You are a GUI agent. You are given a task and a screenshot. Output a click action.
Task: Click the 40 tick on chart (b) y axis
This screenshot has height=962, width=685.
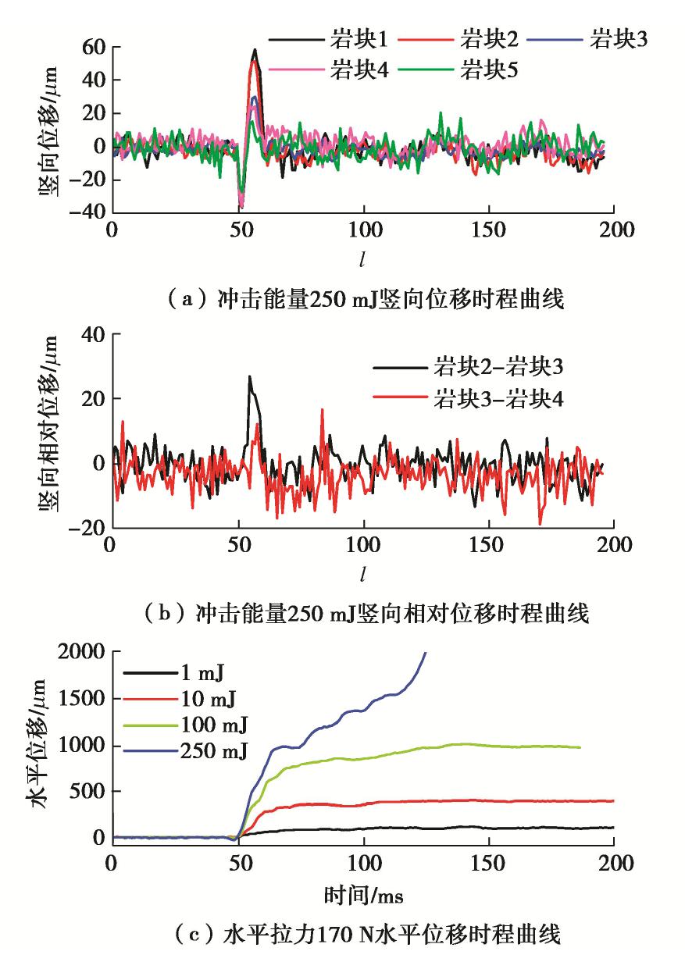(93, 334)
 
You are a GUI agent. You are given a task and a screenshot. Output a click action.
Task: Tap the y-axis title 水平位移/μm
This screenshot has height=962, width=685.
(42, 746)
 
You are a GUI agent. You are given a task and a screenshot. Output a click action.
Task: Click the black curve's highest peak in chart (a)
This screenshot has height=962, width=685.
(255, 50)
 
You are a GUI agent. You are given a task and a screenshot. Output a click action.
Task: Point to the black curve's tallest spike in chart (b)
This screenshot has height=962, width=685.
(249, 376)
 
